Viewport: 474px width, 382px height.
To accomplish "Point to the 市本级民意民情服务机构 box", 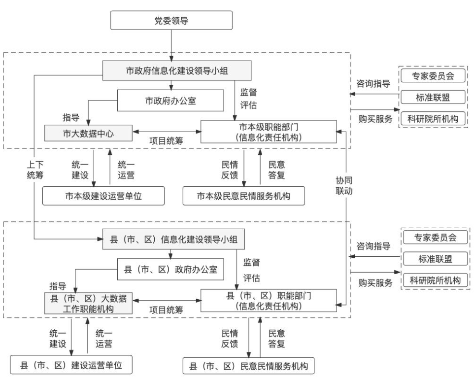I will click(243, 196).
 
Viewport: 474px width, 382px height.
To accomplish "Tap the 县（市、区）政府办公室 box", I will click(170, 270).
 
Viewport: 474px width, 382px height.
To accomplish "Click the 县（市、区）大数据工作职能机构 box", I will click(89, 302).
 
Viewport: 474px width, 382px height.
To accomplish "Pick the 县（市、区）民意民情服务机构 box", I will click(248, 366).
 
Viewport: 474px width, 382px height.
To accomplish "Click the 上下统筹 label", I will click(35, 170).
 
